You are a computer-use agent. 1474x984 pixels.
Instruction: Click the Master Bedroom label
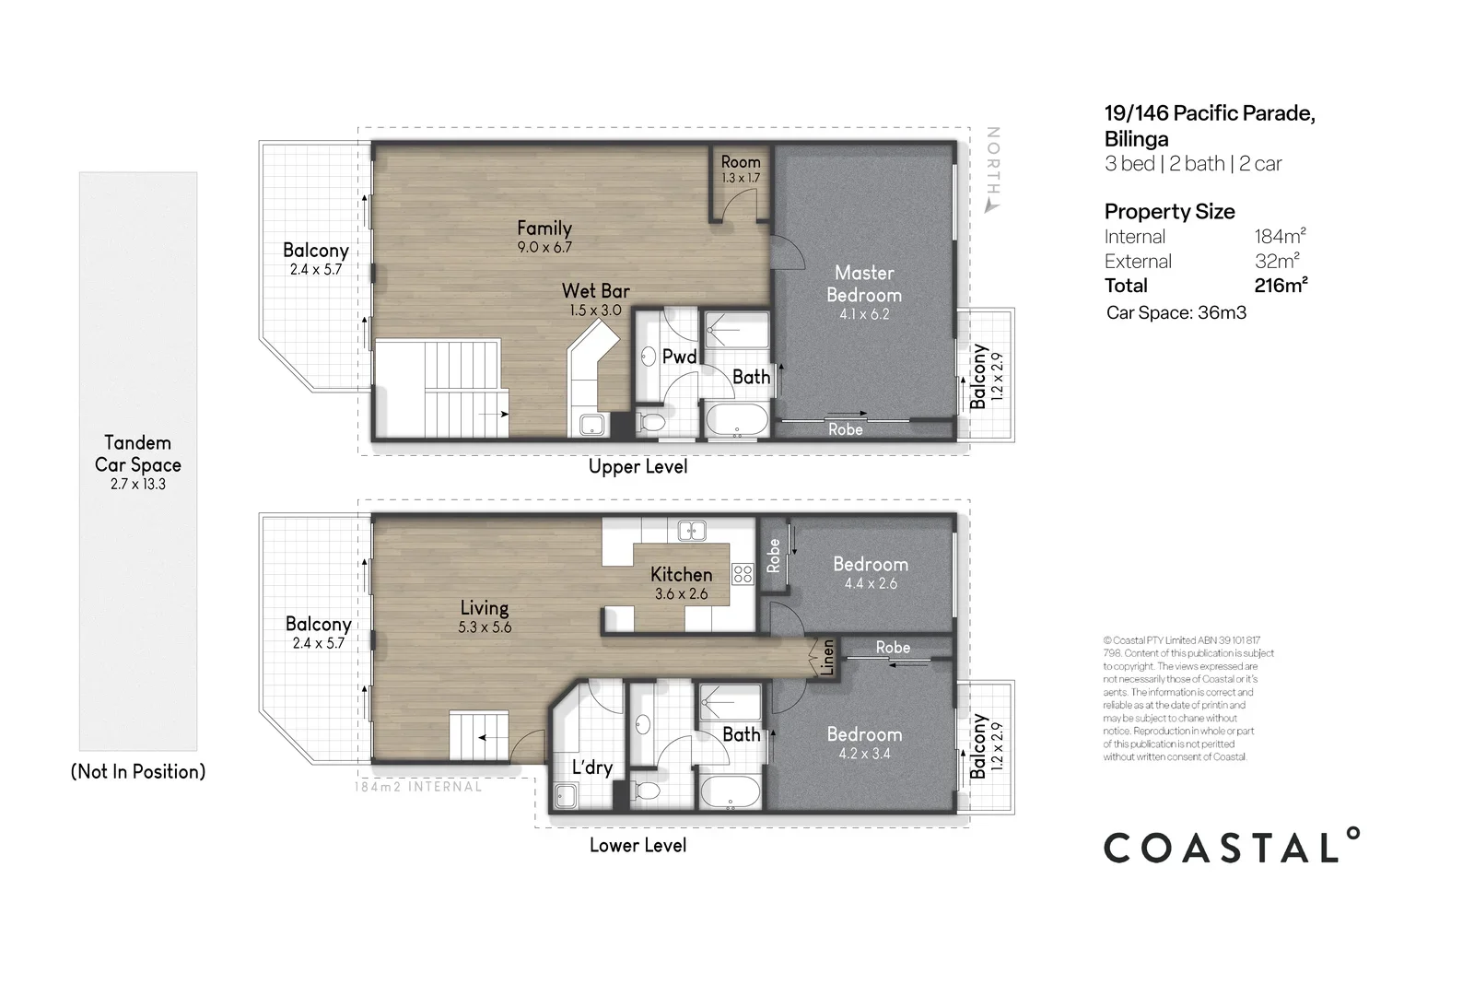864,284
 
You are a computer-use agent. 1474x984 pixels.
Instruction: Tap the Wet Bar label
595,291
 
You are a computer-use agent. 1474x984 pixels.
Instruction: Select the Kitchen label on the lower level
681,575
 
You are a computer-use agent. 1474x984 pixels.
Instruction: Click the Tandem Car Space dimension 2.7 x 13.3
138,485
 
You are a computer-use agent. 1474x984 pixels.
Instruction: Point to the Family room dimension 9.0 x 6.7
544,248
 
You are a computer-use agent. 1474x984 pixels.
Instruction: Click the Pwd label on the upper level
679,357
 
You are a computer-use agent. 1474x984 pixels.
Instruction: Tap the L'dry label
592,767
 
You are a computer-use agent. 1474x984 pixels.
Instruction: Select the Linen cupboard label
827,658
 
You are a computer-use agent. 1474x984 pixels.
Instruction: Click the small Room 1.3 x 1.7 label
741,170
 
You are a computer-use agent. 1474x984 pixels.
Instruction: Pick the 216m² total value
1281,285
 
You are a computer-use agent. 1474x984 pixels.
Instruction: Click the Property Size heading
1169,212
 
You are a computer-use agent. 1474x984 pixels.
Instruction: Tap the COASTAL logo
1231,846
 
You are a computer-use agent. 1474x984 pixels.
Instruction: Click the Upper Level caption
638,466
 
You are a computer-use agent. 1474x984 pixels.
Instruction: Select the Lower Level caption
638,845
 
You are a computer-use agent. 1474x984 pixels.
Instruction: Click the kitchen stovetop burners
743,574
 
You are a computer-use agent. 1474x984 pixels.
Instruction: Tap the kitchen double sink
692,531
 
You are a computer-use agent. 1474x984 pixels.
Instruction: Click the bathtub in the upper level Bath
736,419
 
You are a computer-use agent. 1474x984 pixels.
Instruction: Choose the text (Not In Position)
138,771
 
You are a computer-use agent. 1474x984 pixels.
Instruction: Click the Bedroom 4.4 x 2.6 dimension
871,583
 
